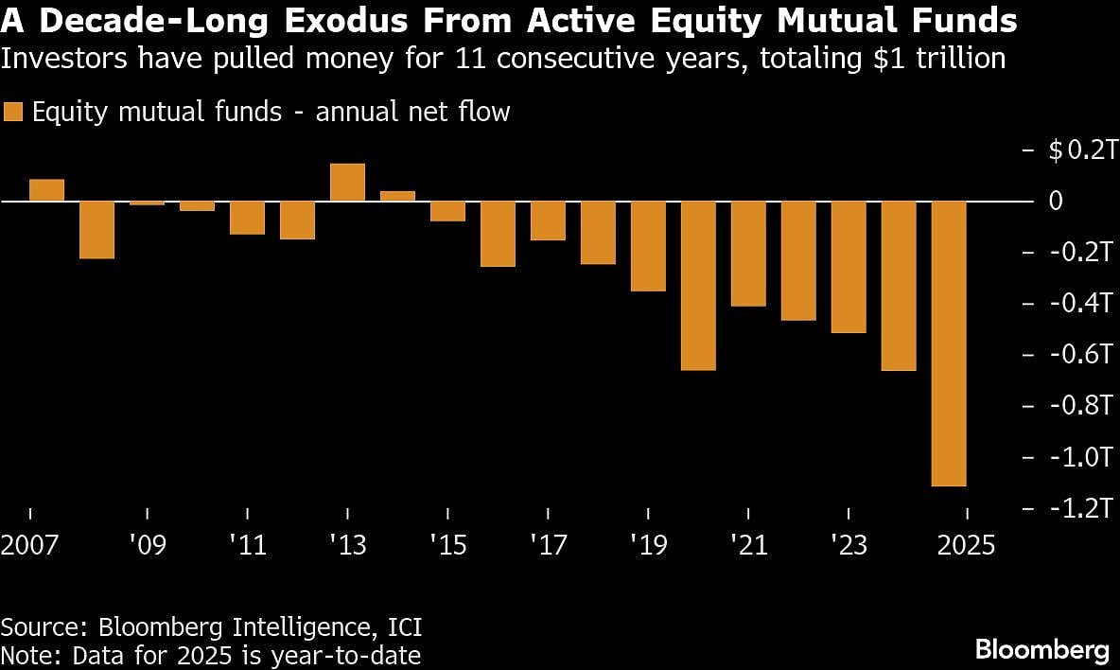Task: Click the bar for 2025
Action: point(949,344)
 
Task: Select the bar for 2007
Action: point(46,190)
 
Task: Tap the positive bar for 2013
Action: point(347,183)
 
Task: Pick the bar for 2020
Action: point(698,286)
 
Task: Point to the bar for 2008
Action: point(96,230)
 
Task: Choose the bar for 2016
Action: point(498,234)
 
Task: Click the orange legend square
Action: point(12,113)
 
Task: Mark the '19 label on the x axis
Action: point(648,546)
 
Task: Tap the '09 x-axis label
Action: point(147,546)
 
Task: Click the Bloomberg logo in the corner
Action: point(1041,650)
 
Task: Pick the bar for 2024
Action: point(899,286)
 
